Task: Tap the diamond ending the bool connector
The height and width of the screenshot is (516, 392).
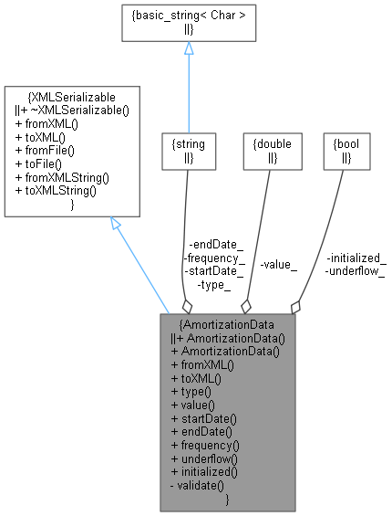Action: (294, 307)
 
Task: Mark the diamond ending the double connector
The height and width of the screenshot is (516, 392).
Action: (246, 307)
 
